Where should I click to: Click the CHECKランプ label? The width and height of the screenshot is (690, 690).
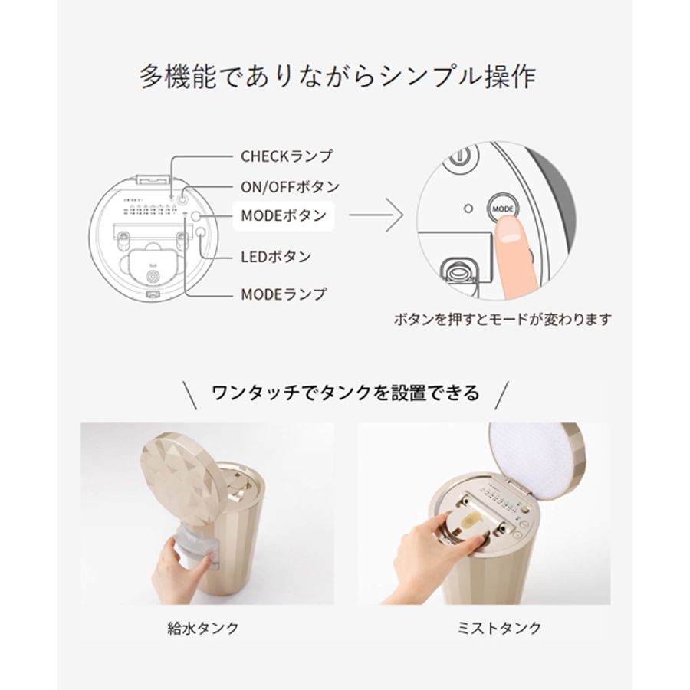(287, 156)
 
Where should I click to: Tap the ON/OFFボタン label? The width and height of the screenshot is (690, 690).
(290, 187)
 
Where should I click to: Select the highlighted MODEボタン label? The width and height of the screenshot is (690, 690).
(284, 215)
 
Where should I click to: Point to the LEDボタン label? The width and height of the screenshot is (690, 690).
(276, 257)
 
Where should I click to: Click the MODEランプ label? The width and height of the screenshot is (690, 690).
(284, 294)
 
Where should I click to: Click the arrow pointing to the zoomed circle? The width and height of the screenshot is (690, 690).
(376, 215)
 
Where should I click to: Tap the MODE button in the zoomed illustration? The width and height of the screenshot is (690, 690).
(503, 209)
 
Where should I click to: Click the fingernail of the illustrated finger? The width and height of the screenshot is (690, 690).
(511, 238)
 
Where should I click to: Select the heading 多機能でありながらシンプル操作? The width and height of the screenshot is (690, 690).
(337, 77)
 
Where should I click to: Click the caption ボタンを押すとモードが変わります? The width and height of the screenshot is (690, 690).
(502, 319)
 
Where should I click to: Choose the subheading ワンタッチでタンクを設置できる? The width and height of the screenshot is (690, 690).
(346, 393)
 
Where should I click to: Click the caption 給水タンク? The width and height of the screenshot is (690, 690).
(203, 628)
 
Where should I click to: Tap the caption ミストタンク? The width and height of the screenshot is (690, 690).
(499, 628)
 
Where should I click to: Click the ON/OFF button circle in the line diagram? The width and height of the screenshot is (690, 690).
(183, 199)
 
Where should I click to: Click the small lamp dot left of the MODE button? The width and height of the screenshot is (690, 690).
(468, 209)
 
